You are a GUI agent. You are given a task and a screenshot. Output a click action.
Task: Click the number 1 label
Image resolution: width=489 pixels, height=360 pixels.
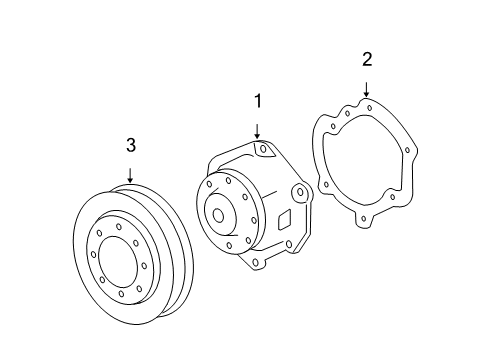(x=258, y=101)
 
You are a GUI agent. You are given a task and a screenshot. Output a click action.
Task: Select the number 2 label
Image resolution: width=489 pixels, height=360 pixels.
(x=367, y=59)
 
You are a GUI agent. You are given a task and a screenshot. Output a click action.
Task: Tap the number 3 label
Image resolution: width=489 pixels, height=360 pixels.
(x=131, y=145)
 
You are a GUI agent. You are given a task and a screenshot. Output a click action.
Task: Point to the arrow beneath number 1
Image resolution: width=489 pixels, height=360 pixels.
(x=257, y=131)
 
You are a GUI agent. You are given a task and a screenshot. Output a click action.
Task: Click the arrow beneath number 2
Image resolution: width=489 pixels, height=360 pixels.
(x=366, y=90)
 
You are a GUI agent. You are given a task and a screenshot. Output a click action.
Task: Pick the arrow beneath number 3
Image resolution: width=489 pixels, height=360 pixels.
(x=130, y=176)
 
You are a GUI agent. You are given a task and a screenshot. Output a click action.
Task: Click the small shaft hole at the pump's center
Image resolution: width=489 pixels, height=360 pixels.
(x=218, y=216)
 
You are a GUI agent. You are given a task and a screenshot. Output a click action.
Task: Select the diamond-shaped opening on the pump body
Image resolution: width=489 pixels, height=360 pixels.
(x=284, y=220)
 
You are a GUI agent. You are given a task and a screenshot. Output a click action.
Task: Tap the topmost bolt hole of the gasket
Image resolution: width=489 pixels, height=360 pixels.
(x=369, y=108)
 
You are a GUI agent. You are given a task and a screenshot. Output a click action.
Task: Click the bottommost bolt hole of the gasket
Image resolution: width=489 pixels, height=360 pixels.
(x=364, y=219)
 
